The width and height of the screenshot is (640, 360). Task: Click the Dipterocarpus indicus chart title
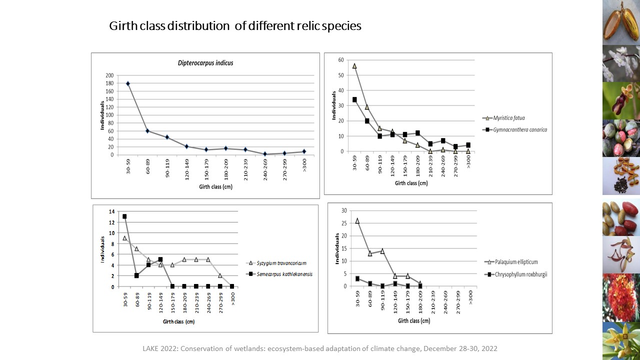point(205,63)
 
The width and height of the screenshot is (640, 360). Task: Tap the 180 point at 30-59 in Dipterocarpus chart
point(128,83)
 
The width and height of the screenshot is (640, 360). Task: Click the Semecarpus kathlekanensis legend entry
point(281,274)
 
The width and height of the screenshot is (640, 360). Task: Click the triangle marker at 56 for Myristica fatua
point(354,66)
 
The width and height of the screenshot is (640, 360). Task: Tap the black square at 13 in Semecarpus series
point(124,216)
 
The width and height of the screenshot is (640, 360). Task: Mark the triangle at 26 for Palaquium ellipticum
point(357,220)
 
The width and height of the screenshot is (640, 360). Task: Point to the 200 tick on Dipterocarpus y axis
point(109,75)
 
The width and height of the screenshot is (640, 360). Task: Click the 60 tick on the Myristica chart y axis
point(341,60)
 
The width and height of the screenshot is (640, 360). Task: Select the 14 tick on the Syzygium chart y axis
point(111,211)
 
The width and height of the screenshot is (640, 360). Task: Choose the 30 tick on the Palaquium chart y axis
point(343,210)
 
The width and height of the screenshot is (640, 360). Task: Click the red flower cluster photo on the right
point(621,297)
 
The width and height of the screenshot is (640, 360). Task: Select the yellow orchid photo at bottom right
point(621,340)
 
